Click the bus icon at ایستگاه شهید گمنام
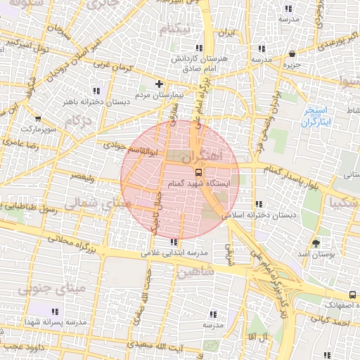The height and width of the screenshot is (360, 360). tap(199, 172)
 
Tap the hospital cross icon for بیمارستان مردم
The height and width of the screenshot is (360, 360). tap(159, 84)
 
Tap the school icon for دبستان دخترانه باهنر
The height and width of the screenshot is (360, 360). tap(96, 91)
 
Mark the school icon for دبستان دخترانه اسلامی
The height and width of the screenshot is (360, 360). tap(261, 204)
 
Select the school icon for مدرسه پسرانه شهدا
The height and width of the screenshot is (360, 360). tap(56, 311)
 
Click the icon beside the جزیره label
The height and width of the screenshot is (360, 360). tap(292, 54)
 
